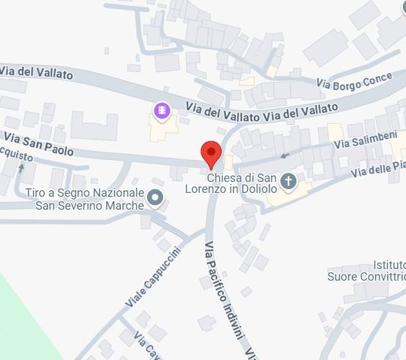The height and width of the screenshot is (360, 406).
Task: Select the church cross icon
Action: [289, 181]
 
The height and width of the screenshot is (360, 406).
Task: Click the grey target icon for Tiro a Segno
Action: [155, 197]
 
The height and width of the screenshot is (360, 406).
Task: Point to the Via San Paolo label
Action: [39, 144]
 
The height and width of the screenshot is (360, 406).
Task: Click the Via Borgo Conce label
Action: [354, 81]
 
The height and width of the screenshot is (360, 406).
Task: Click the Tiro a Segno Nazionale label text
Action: [84, 194]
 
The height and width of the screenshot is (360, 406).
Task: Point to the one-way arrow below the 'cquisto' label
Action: [21, 168]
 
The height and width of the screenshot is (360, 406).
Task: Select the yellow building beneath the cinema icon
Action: [162, 130]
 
